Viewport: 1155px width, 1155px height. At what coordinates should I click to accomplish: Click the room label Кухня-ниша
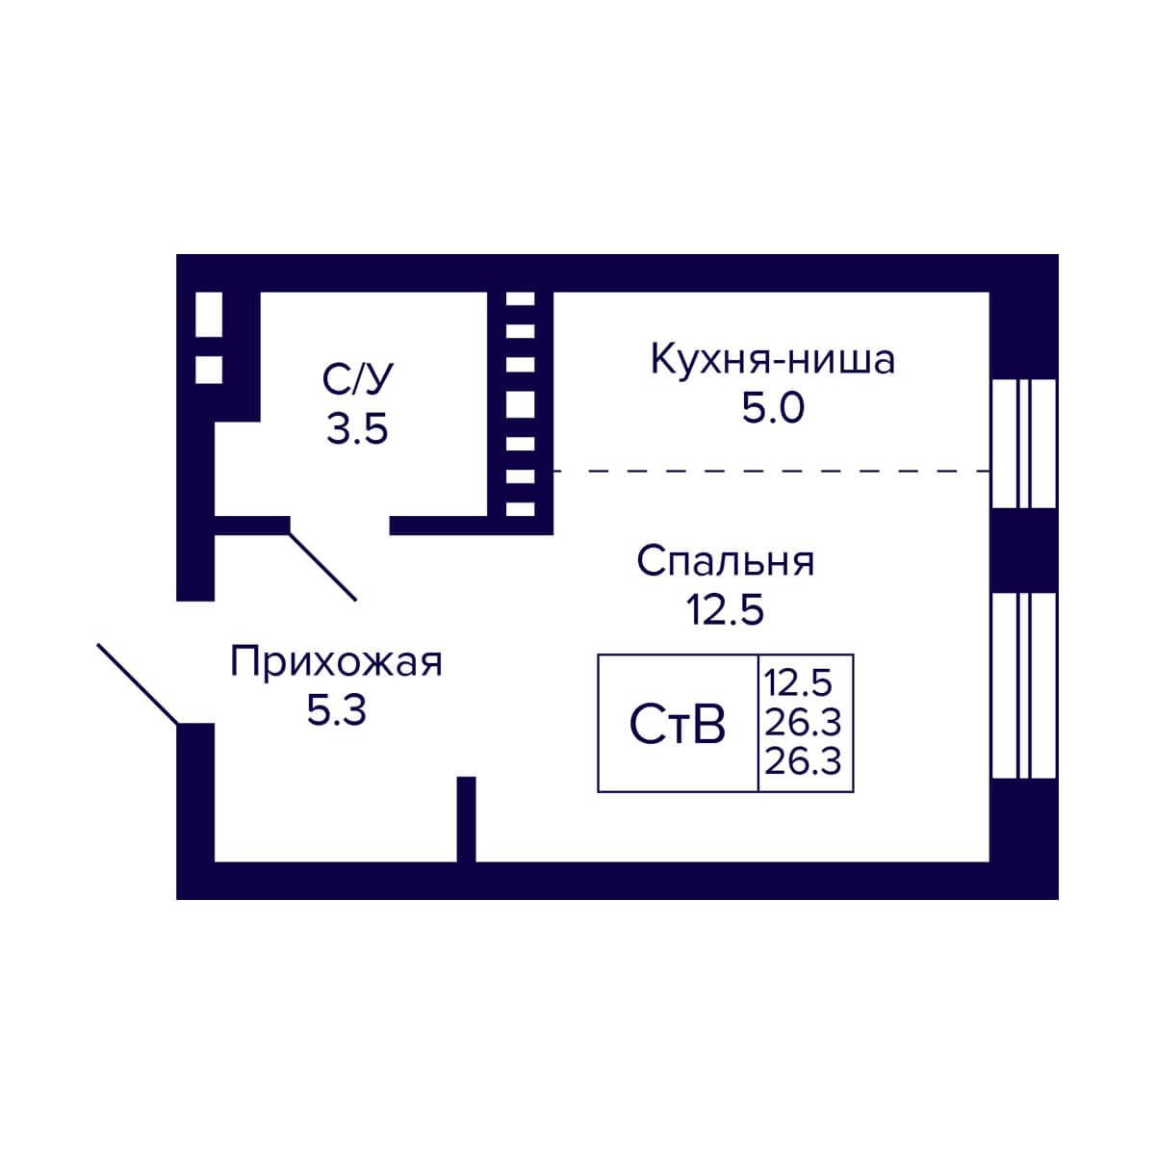[773, 360]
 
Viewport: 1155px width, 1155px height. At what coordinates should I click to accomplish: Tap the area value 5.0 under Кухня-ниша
[773, 409]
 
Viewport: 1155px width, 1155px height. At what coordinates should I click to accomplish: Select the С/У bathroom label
[357, 379]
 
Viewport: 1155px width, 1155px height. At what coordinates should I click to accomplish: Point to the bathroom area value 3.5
[357, 428]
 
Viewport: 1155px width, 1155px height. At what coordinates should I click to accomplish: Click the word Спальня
[726, 561]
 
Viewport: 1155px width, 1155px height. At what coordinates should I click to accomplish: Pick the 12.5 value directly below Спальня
[726, 609]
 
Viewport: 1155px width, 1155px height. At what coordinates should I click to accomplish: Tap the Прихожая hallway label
[336, 663]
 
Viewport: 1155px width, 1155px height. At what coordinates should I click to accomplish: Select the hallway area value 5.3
[336, 711]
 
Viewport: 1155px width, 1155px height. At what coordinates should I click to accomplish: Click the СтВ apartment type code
[678, 724]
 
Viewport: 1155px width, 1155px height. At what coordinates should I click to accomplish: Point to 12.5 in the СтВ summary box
[798, 683]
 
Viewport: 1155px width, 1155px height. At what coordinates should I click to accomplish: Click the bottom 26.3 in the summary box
[803, 761]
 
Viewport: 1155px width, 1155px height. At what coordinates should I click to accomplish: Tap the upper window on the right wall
[1024, 444]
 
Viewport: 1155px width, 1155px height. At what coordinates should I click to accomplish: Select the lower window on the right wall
[1024, 685]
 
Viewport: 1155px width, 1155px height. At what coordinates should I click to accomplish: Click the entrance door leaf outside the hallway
[138, 684]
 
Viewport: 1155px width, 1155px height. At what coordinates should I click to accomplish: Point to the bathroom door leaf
[323, 566]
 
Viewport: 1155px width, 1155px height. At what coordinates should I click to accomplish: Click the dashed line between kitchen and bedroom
[771, 471]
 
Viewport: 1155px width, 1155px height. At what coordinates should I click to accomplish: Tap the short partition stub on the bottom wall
[466, 820]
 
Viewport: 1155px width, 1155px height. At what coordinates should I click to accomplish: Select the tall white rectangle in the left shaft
[209, 314]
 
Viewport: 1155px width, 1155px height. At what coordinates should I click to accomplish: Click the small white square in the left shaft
[209, 370]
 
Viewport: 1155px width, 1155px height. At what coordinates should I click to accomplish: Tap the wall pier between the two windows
[1024, 551]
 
